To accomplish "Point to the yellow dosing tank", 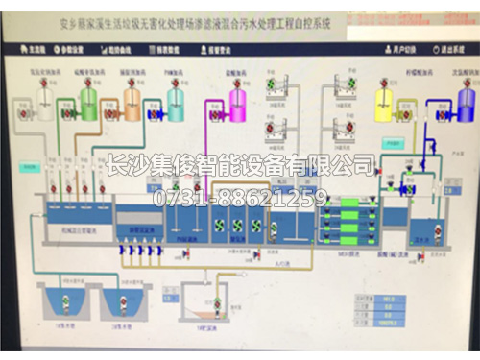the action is (x=384, y=101).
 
